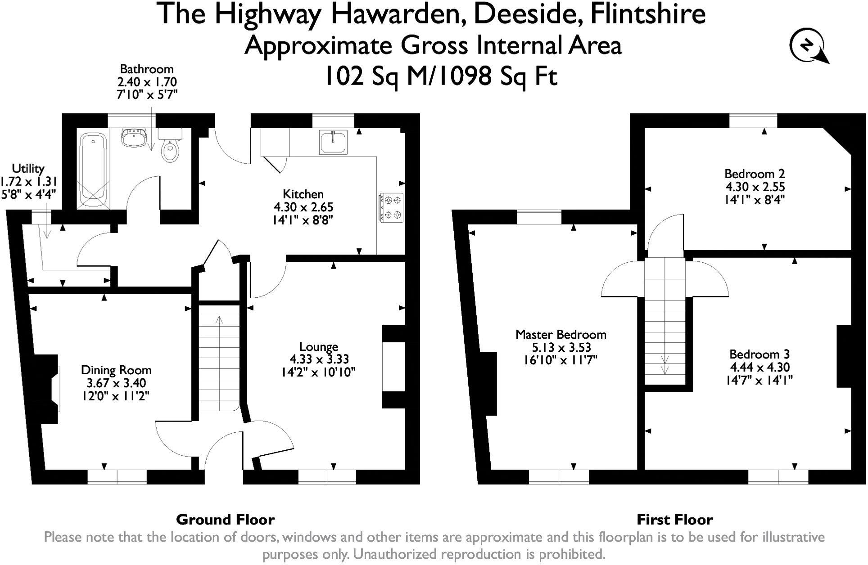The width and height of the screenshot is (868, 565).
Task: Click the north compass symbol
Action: point(809,47)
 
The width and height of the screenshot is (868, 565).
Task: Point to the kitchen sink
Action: point(334,142)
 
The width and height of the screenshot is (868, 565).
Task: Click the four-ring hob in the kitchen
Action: point(391,207)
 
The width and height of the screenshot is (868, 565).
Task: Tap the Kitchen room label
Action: point(303,194)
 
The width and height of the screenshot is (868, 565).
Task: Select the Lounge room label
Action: point(319,347)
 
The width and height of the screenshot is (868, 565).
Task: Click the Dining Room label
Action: point(116,370)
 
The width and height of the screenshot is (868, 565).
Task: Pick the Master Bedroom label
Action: point(561,335)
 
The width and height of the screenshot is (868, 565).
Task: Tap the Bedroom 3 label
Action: point(759,354)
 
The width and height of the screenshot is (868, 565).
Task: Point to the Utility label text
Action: point(28,169)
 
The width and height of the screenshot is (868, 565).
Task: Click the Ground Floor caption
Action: point(225,520)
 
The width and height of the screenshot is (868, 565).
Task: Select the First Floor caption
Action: point(674,520)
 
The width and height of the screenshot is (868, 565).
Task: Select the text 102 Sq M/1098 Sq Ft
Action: point(441,76)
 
